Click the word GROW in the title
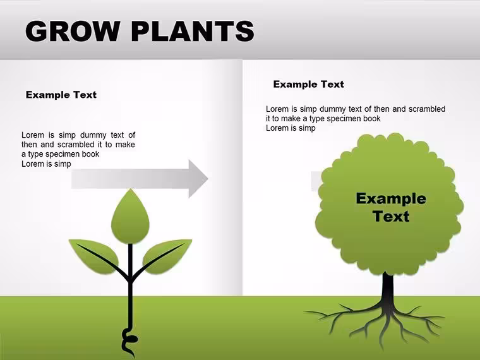click(72, 31)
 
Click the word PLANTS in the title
click(193, 31)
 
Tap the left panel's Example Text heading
click(61, 95)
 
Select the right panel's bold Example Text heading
click(309, 84)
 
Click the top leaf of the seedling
click(130, 216)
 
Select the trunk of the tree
click(388, 288)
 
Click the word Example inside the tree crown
click(391, 199)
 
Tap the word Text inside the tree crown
click(391, 216)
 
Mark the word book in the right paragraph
click(371, 119)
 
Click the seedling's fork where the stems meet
click(130, 279)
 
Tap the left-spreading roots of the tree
click(343, 318)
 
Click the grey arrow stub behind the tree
click(316, 181)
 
